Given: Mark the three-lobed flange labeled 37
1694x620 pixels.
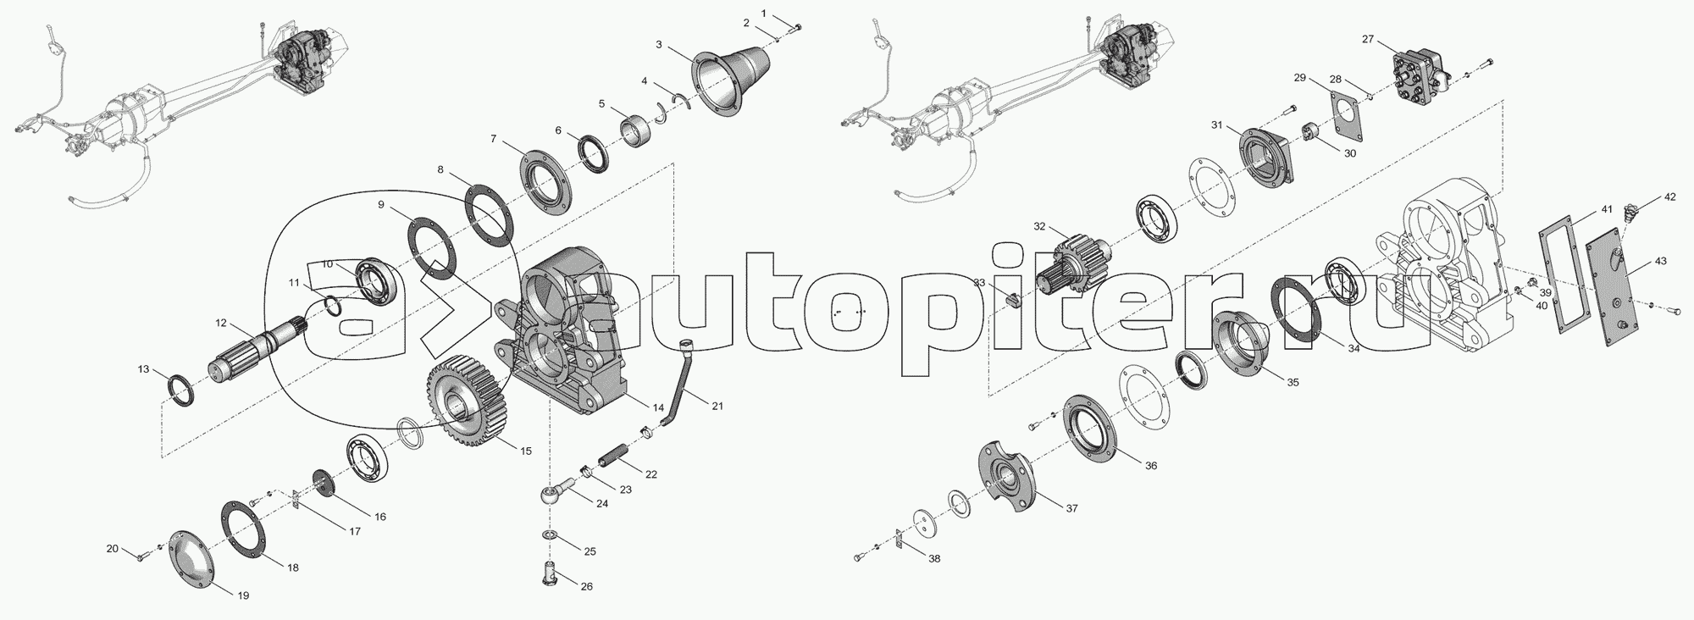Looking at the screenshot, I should [x=1008, y=479].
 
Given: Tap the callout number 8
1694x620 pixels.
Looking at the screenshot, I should [x=440, y=169].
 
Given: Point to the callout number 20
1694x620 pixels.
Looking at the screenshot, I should [x=112, y=548].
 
